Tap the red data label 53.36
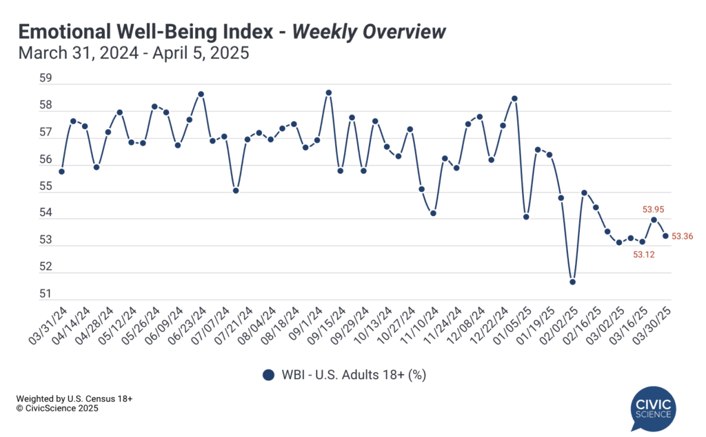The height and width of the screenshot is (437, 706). [x=682, y=237]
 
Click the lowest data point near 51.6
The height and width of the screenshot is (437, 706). [x=572, y=282]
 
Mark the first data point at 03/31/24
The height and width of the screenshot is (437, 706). [x=61, y=171]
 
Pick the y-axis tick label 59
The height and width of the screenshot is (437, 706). [x=46, y=79]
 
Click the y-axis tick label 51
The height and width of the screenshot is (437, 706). [x=46, y=294]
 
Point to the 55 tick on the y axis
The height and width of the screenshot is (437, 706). [x=46, y=186]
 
